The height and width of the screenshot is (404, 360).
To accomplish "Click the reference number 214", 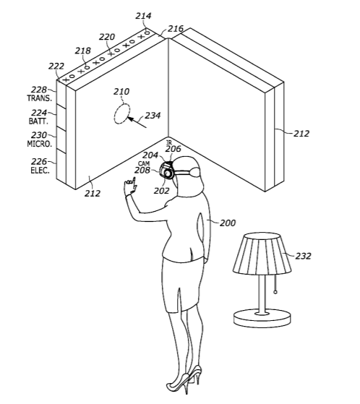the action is (143, 16).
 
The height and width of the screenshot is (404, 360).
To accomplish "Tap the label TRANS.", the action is (39, 98).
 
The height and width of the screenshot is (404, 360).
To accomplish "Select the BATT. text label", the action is (38, 121).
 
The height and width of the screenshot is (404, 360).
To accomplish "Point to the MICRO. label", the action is (40, 144).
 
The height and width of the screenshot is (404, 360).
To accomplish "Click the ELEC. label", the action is (40, 171).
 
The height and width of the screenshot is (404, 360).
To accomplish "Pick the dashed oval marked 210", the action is (122, 113).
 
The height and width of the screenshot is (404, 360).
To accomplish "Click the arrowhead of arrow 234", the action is (130, 119).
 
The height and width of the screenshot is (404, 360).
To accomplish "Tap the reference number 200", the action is (228, 223).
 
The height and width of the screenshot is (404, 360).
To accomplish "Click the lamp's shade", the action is (262, 254).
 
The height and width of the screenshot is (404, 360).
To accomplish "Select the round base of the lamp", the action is (262, 319).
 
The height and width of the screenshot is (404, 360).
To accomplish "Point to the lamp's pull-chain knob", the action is (275, 292).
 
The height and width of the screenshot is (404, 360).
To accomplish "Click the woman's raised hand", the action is (130, 186).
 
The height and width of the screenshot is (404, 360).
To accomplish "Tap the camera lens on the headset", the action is (168, 173).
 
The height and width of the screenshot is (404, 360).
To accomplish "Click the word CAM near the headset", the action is (144, 163).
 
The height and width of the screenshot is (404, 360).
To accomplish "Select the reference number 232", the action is (303, 256).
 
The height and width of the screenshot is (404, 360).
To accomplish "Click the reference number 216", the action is (176, 29).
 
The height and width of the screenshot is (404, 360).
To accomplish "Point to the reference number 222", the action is (56, 66).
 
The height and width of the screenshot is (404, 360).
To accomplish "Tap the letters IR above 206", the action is (169, 143).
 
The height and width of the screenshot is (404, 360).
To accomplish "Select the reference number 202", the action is (162, 191).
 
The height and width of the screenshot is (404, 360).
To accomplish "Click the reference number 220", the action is (107, 37).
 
